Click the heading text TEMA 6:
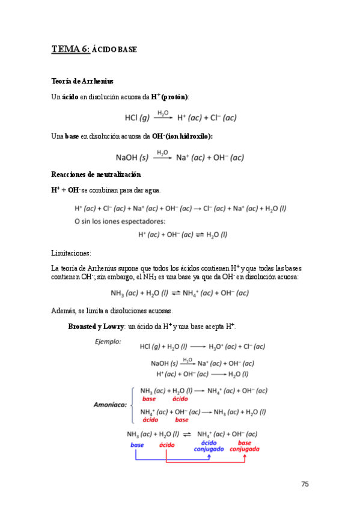[70, 49]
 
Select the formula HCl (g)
[138, 117]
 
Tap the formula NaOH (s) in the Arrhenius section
[132, 158]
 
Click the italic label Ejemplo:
[108, 342]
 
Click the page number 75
[305, 484]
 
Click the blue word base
[136, 445]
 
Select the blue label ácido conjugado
[209, 446]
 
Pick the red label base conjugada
[245, 446]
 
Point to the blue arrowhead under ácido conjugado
[209, 455]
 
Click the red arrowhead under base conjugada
[245, 455]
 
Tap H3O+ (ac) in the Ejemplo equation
[223, 346]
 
